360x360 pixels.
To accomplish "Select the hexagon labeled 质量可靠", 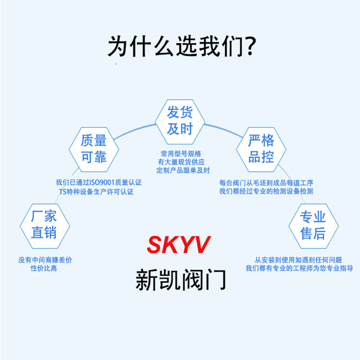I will pyautogui.click(x=94, y=149).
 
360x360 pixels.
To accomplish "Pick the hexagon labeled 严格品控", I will pyautogui.click(x=261, y=149).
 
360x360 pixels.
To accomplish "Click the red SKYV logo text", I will pyautogui.click(x=178, y=245).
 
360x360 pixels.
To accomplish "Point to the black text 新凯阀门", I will pyautogui.click(x=180, y=279).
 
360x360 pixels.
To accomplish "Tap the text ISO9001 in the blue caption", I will pyautogui.click(x=101, y=182).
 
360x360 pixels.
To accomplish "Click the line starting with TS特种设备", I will pyautogui.click(x=96, y=192).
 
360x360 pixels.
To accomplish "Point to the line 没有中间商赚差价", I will pyautogui.click(x=45, y=260).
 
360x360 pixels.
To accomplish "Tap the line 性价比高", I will pyautogui.click(x=44, y=268).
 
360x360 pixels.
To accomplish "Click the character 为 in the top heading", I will pyautogui.click(x=118, y=47).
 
